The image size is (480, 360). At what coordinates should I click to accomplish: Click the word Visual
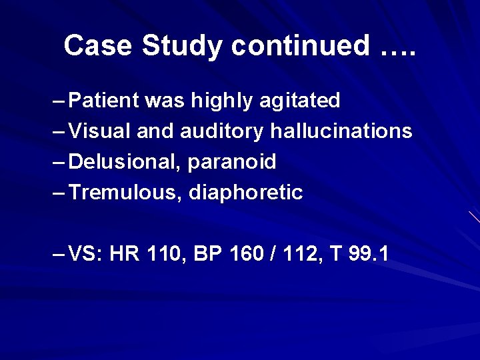(101, 131)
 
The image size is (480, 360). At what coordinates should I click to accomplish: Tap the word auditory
(222, 131)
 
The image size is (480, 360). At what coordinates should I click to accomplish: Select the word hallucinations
(341, 131)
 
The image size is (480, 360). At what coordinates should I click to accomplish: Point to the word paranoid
(232, 162)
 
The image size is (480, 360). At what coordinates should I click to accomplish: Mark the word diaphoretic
(246, 193)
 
